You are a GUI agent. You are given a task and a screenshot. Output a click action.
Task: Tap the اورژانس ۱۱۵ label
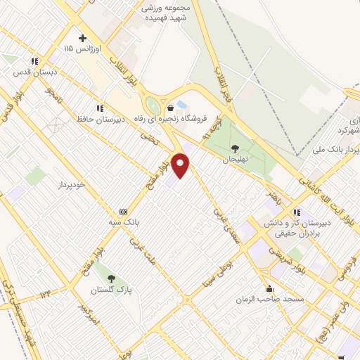coord(78,49)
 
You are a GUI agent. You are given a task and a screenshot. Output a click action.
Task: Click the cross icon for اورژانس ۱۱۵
coord(82,38)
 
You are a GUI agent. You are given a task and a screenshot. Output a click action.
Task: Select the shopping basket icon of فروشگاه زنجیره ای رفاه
coord(171,108)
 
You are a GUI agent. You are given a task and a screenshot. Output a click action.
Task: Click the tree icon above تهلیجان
coord(234,148)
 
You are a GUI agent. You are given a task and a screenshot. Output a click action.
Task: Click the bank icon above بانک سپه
coord(124,212)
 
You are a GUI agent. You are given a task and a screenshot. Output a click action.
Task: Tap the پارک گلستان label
coord(111,289)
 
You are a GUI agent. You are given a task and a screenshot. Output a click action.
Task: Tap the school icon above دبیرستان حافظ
coord(100,108)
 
